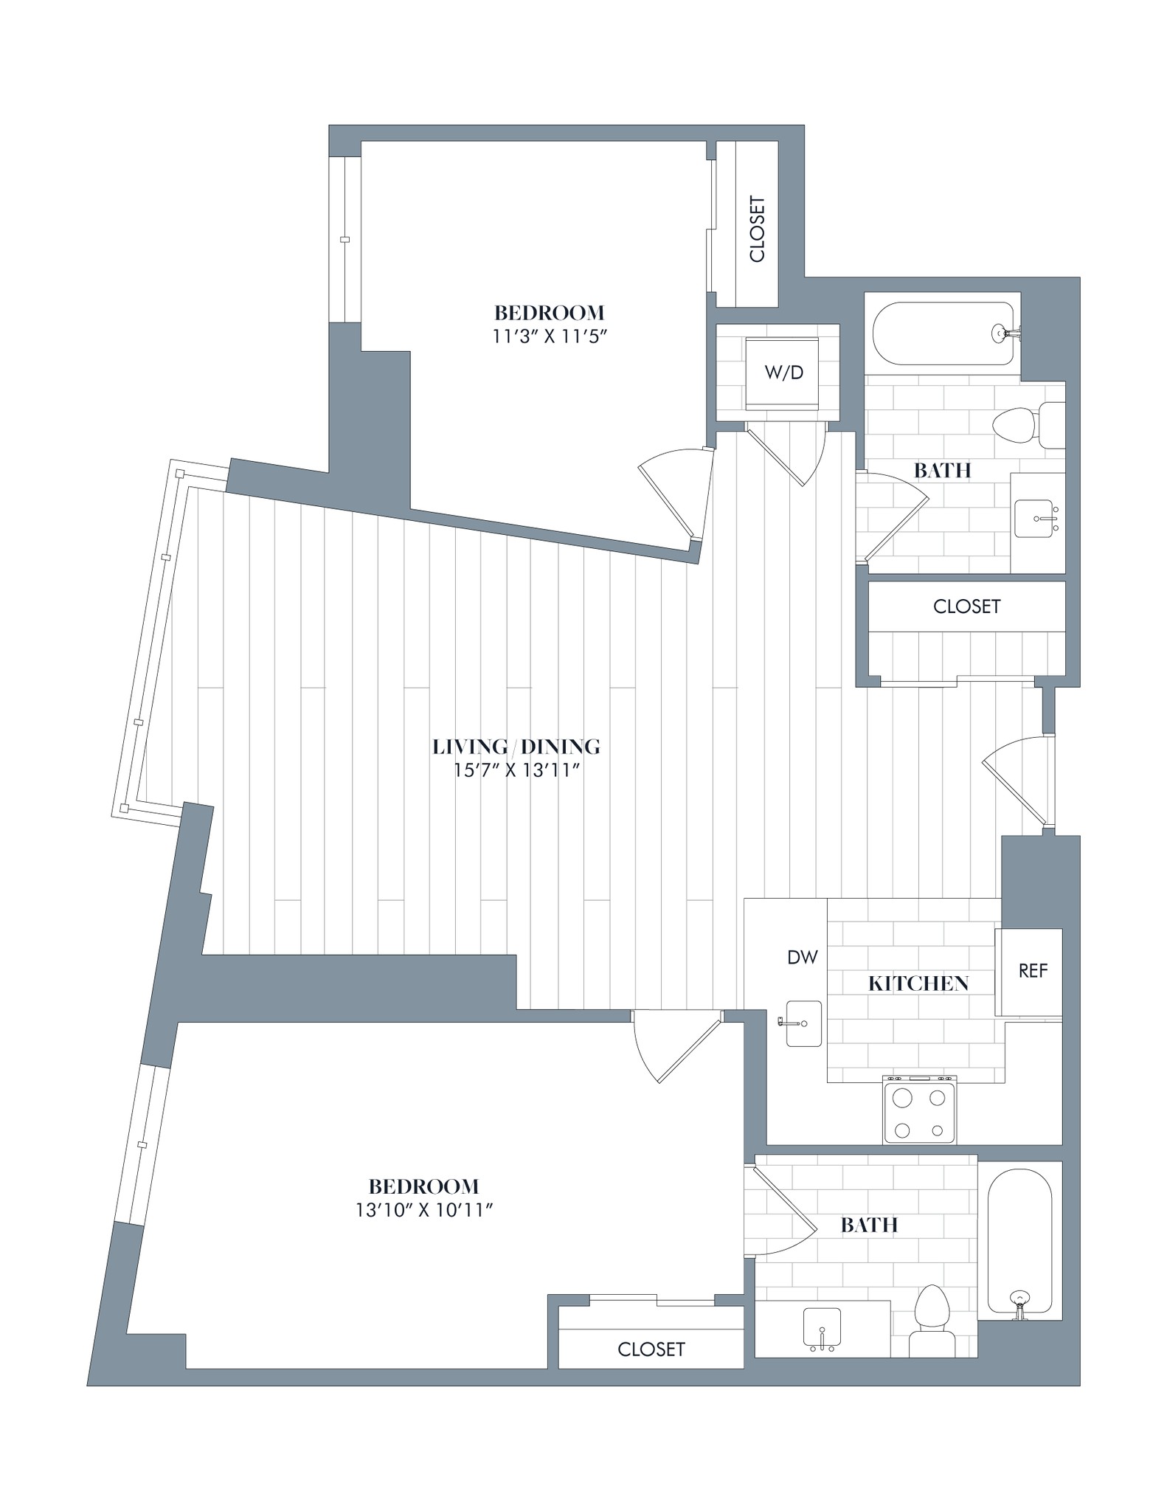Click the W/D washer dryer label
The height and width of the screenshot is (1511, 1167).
point(783,373)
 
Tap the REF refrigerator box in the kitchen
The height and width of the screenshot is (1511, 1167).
point(1032,971)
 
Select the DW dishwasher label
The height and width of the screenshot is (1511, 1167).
point(803,958)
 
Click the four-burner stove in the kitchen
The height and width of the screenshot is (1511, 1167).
point(918,1110)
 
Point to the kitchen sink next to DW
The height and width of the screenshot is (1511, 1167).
point(803,1023)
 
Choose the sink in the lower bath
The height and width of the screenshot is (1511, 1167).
point(820,1328)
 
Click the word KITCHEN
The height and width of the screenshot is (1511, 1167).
point(918,983)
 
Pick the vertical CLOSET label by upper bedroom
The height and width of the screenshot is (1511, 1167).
point(757,229)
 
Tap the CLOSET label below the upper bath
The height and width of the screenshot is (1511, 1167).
point(966,606)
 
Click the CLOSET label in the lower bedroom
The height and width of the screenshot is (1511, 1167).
point(651,1349)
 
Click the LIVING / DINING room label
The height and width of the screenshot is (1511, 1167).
point(516,747)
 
